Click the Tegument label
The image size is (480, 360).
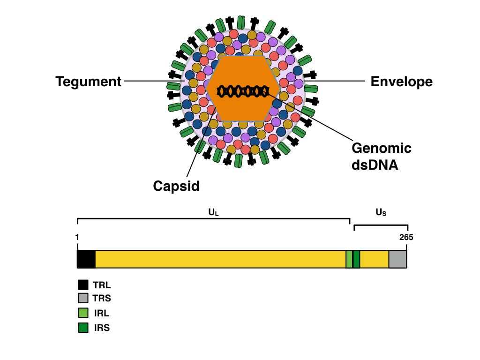coord(89,82)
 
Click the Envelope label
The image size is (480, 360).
coord(401,82)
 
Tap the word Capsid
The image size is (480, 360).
coord(176,186)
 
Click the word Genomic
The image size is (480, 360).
coord(381,149)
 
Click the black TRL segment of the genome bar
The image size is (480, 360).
coord(86,259)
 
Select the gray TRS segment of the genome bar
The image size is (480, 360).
coord(397,259)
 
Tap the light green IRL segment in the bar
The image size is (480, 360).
coord(349,259)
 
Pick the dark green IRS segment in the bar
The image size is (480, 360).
coord(356,259)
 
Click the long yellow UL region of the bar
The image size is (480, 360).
coord(220,259)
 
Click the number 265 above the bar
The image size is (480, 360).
coord(406,237)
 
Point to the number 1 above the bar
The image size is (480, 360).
coord(77,237)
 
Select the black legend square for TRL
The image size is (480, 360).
coord(83,285)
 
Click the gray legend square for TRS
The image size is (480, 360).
coord(83,298)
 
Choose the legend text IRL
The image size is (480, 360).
coord(101,313)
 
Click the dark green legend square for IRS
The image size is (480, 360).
coord(83,328)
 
